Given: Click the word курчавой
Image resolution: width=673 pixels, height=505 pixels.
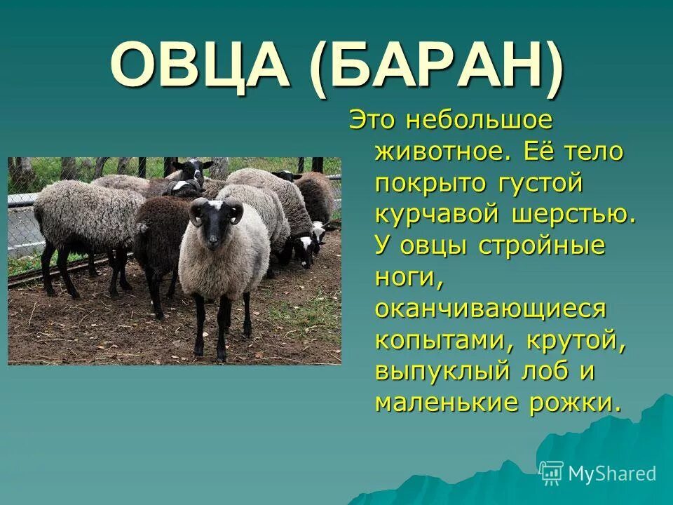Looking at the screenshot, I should coord(444,215).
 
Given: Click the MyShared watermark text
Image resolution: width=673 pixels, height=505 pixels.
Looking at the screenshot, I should coord(612,473).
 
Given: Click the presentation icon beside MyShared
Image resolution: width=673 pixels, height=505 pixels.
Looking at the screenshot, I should coord(552,473).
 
